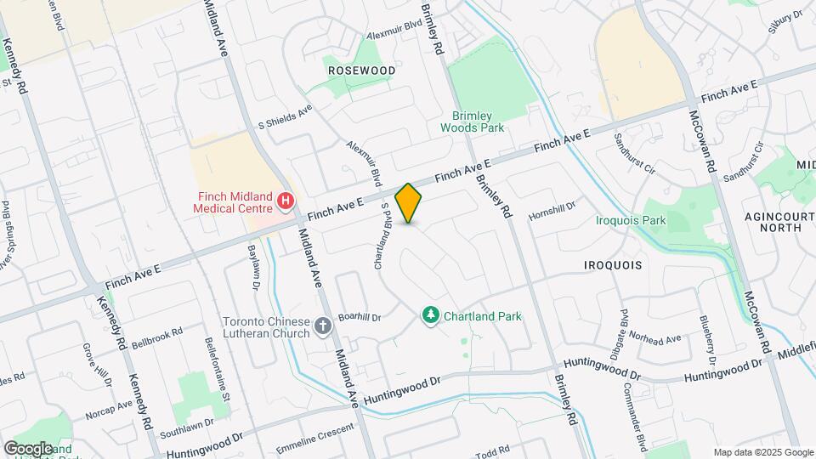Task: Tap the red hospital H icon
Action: click(286, 201)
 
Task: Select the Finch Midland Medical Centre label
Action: click(230, 201)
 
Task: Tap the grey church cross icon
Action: click(323, 326)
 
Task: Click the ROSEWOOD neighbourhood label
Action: click(361, 70)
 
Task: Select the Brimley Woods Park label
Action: click(472, 122)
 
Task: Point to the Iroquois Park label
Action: click(631, 220)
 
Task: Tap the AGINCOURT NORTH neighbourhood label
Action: click(773, 221)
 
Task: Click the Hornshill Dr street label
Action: click(552, 206)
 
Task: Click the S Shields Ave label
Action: click(286, 119)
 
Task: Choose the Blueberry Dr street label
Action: click(706, 333)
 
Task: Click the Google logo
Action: click(27, 448)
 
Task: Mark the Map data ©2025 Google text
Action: click(762, 452)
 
